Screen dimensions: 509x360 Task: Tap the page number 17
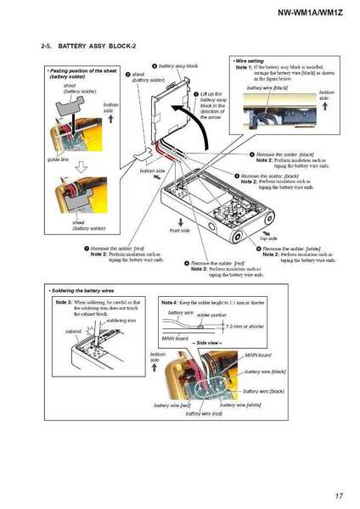pos(338,495)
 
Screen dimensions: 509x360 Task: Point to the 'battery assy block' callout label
pos(177,65)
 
